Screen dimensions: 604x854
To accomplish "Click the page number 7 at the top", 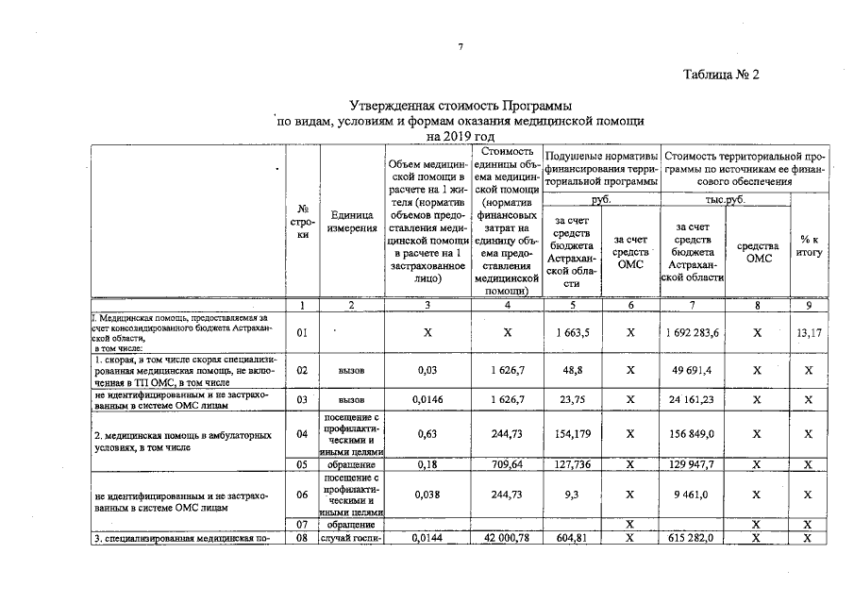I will point(460,47).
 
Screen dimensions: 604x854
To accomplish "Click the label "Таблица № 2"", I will point(721,75).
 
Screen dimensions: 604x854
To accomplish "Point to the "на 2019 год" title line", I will point(460,137).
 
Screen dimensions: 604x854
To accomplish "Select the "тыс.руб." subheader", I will point(725,200).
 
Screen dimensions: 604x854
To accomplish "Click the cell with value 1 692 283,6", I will point(693,332).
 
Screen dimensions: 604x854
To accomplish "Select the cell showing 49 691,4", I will point(693,371).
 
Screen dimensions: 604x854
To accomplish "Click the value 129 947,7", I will point(693,464).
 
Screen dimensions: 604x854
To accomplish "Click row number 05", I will point(302,464).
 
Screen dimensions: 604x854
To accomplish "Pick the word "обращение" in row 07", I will point(351,524).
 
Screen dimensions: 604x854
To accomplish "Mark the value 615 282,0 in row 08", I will point(693,538).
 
